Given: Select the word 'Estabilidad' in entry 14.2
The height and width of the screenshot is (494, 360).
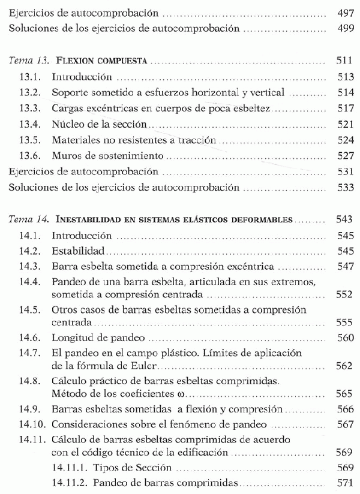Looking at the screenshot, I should point(79,250).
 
